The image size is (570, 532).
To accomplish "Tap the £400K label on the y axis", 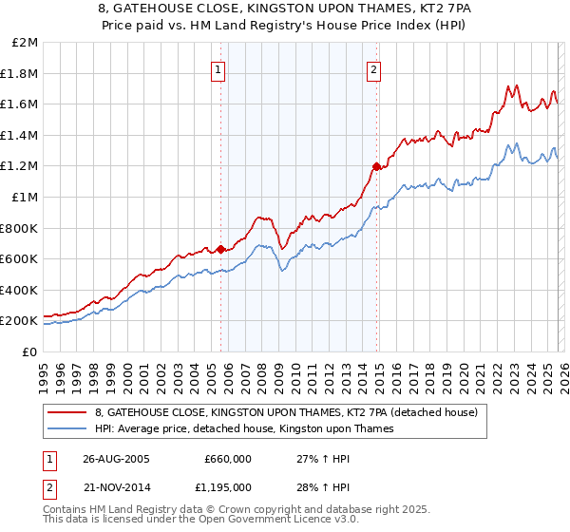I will (x=19, y=290).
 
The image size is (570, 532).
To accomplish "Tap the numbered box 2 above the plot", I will (x=374, y=69).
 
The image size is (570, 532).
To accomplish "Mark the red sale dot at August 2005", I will (x=221, y=250).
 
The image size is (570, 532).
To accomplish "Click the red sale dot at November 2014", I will (x=376, y=167).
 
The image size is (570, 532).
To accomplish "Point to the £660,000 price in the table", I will (x=228, y=459).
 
